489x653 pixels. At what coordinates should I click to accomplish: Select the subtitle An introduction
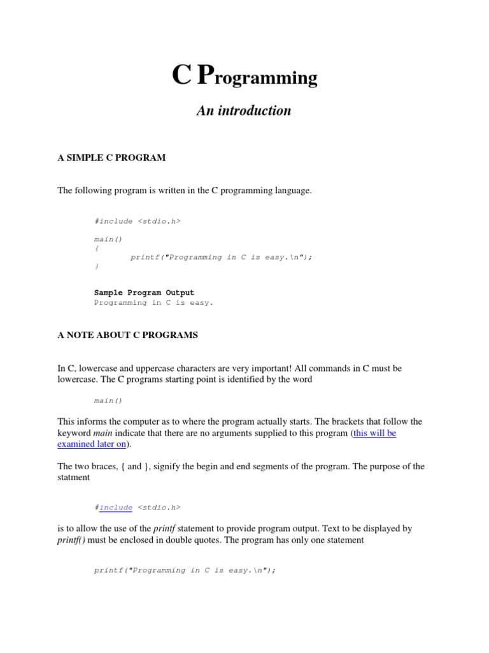(244, 110)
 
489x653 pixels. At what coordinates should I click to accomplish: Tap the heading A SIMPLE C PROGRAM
(111, 158)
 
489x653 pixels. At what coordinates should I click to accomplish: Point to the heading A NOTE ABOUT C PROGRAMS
(127, 335)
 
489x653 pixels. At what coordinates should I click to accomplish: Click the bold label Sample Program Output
(144, 293)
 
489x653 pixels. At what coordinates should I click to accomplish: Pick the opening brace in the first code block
(96, 248)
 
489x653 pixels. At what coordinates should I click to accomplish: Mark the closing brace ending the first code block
(96, 266)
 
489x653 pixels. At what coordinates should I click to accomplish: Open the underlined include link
(116, 508)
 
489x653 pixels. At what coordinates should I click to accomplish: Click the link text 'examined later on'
(91, 444)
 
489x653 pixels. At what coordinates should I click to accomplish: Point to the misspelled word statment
(74, 477)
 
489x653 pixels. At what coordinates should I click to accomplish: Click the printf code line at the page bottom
(185, 570)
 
